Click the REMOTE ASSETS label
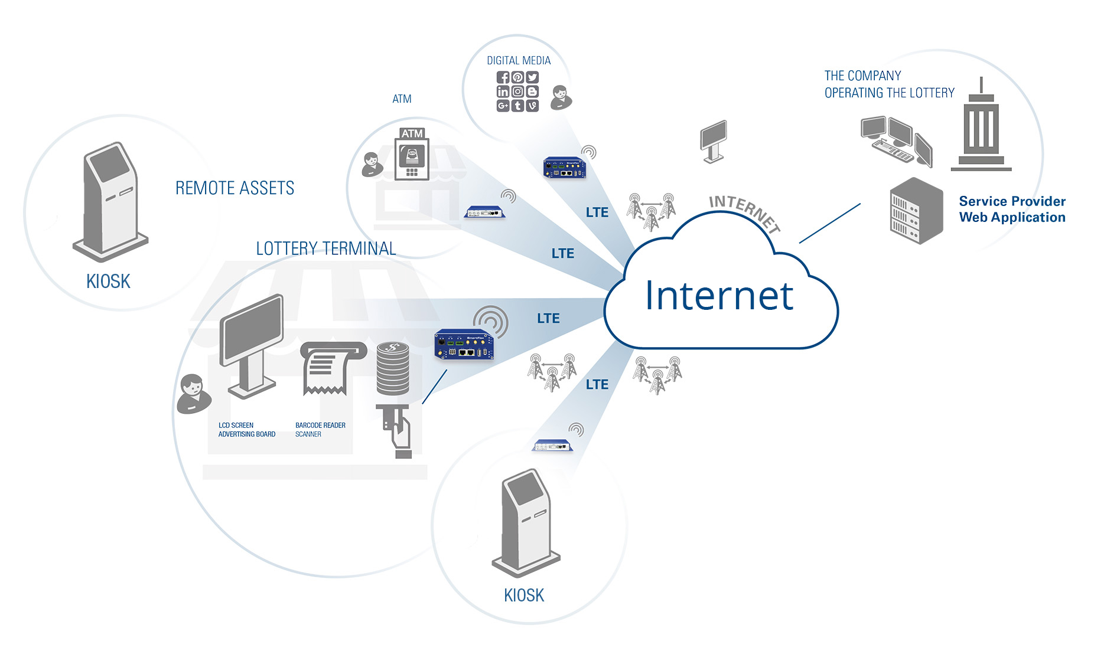click(235, 188)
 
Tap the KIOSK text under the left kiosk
click(108, 282)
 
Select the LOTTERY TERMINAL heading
click(325, 248)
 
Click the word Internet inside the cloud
click(719, 296)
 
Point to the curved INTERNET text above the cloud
click(744, 211)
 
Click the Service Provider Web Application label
click(1012, 210)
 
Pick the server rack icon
click(915, 211)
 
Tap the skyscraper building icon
click(981, 127)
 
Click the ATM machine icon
click(412, 153)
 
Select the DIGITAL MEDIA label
click(519, 61)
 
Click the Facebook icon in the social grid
click(503, 77)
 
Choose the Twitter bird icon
click(532, 77)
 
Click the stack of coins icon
click(393, 368)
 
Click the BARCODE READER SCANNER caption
click(320, 430)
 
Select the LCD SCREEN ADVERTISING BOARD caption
click(247, 430)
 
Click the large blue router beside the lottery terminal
click(464, 345)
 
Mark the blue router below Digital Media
click(564, 168)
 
